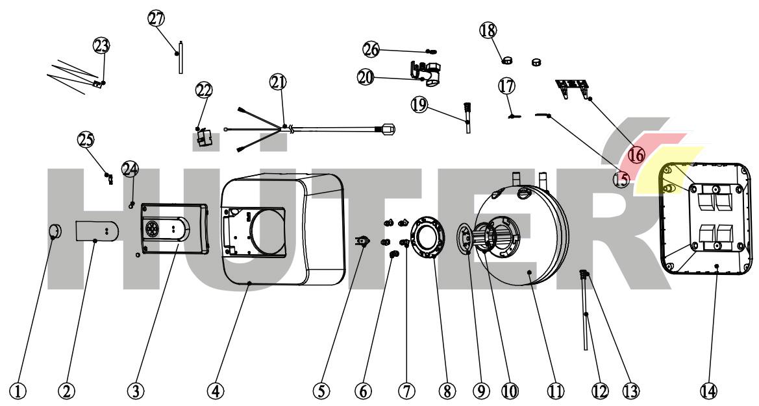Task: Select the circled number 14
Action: click(709, 390)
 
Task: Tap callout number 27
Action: click(156, 19)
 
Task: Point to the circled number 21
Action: click(278, 82)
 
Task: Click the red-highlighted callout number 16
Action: click(636, 155)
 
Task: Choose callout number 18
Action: click(488, 29)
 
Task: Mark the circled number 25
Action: click(86, 139)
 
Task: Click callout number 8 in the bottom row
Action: click(445, 390)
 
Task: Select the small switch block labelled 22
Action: click(204, 138)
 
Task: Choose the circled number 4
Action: click(216, 390)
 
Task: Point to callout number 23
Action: click(102, 45)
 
